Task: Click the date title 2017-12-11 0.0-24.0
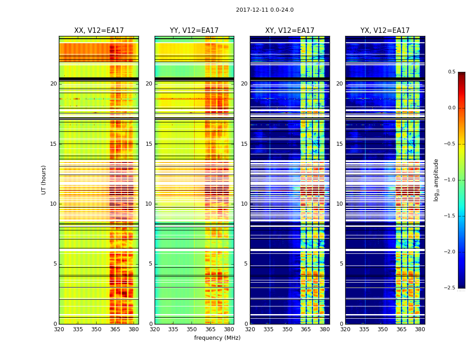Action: [x=265, y=10]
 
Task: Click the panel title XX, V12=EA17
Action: [x=99, y=31]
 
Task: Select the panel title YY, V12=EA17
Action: [x=194, y=31]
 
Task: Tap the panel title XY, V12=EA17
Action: [x=289, y=31]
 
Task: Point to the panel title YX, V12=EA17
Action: [x=385, y=31]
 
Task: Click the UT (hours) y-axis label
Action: [x=44, y=180]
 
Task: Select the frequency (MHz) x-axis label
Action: [x=217, y=338]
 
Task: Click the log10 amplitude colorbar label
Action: [x=436, y=180]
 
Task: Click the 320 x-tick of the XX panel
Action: [x=59, y=329]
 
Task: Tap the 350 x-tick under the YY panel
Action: [x=191, y=329]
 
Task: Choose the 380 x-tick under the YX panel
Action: [x=420, y=329]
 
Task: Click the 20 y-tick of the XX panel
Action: [x=53, y=84]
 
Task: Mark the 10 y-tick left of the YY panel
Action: [x=149, y=204]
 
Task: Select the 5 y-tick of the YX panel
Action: [x=341, y=264]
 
